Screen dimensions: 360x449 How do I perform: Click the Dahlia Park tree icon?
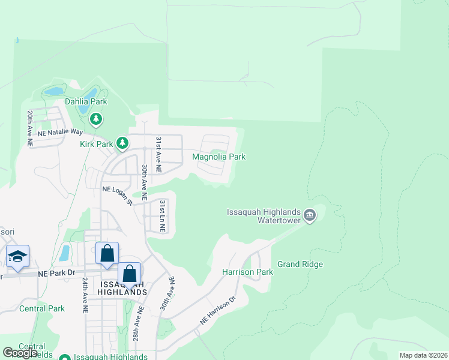pos(96,119)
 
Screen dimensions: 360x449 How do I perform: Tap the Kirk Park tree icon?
pos(122,143)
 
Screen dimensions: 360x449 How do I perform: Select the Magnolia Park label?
pos(218,157)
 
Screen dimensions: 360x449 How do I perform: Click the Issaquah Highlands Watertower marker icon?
pos(310,215)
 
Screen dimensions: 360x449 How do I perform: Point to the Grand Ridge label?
pos(300,264)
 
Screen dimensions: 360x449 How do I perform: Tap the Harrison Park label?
pos(247,272)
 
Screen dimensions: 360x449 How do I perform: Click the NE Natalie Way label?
pos(60,131)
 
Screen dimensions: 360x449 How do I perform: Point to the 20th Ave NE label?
pos(29,128)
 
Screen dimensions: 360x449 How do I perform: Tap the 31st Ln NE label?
pos(162,216)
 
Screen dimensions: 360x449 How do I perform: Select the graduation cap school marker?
pos(18,256)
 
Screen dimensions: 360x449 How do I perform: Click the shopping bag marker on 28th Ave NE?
pos(129,274)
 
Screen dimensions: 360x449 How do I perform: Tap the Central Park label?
pos(42,309)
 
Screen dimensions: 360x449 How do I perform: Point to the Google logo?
pos(20,353)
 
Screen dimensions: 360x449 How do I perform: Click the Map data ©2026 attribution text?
pos(423,355)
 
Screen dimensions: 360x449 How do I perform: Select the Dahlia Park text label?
pos(86,102)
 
